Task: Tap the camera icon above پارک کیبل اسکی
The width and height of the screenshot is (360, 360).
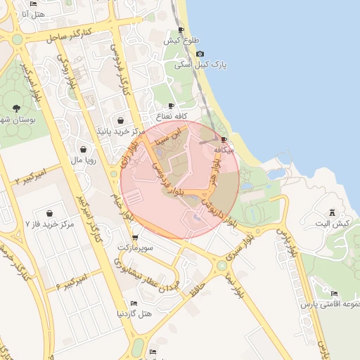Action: [200, 53]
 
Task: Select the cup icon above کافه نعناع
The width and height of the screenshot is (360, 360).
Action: [171, 105]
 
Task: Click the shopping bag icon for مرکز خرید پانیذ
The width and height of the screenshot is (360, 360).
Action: [121, 120]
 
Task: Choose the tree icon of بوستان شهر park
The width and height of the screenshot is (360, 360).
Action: [15, 108]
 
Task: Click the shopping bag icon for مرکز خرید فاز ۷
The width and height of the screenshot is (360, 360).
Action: [50, 212]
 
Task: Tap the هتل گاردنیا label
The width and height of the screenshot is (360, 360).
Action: [134, 312]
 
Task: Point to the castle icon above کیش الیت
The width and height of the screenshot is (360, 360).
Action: [332, 212]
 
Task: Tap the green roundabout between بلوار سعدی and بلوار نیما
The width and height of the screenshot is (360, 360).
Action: [222, 266]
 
